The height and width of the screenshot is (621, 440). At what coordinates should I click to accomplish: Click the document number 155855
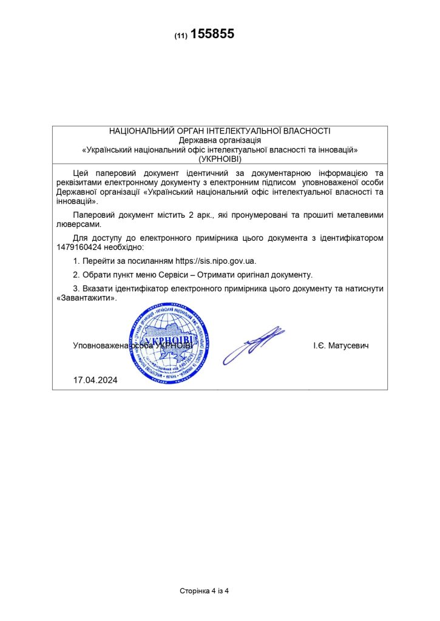(x=212, y=35)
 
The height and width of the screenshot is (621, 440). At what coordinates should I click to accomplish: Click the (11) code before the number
(x=180, y=36)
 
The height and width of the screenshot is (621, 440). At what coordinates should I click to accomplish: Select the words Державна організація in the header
(x=220, y=139)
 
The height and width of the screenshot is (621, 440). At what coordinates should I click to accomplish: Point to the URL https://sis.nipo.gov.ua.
(x=215, y=261)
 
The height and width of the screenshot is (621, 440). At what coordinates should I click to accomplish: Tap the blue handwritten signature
(x=254, y=344)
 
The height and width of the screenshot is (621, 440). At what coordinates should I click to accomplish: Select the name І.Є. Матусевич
(x=341, y=345)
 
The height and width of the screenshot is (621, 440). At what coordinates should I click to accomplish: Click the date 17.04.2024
(x=95, y=380)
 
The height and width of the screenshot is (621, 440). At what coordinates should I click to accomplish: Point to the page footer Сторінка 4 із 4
(x=204, y=591)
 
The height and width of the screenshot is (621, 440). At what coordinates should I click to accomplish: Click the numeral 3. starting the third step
(x=76, y=289)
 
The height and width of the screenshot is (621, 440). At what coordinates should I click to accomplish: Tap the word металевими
(x=362, y=215)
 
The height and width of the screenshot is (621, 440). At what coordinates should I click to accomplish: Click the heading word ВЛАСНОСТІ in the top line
(x=307, y=130)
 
